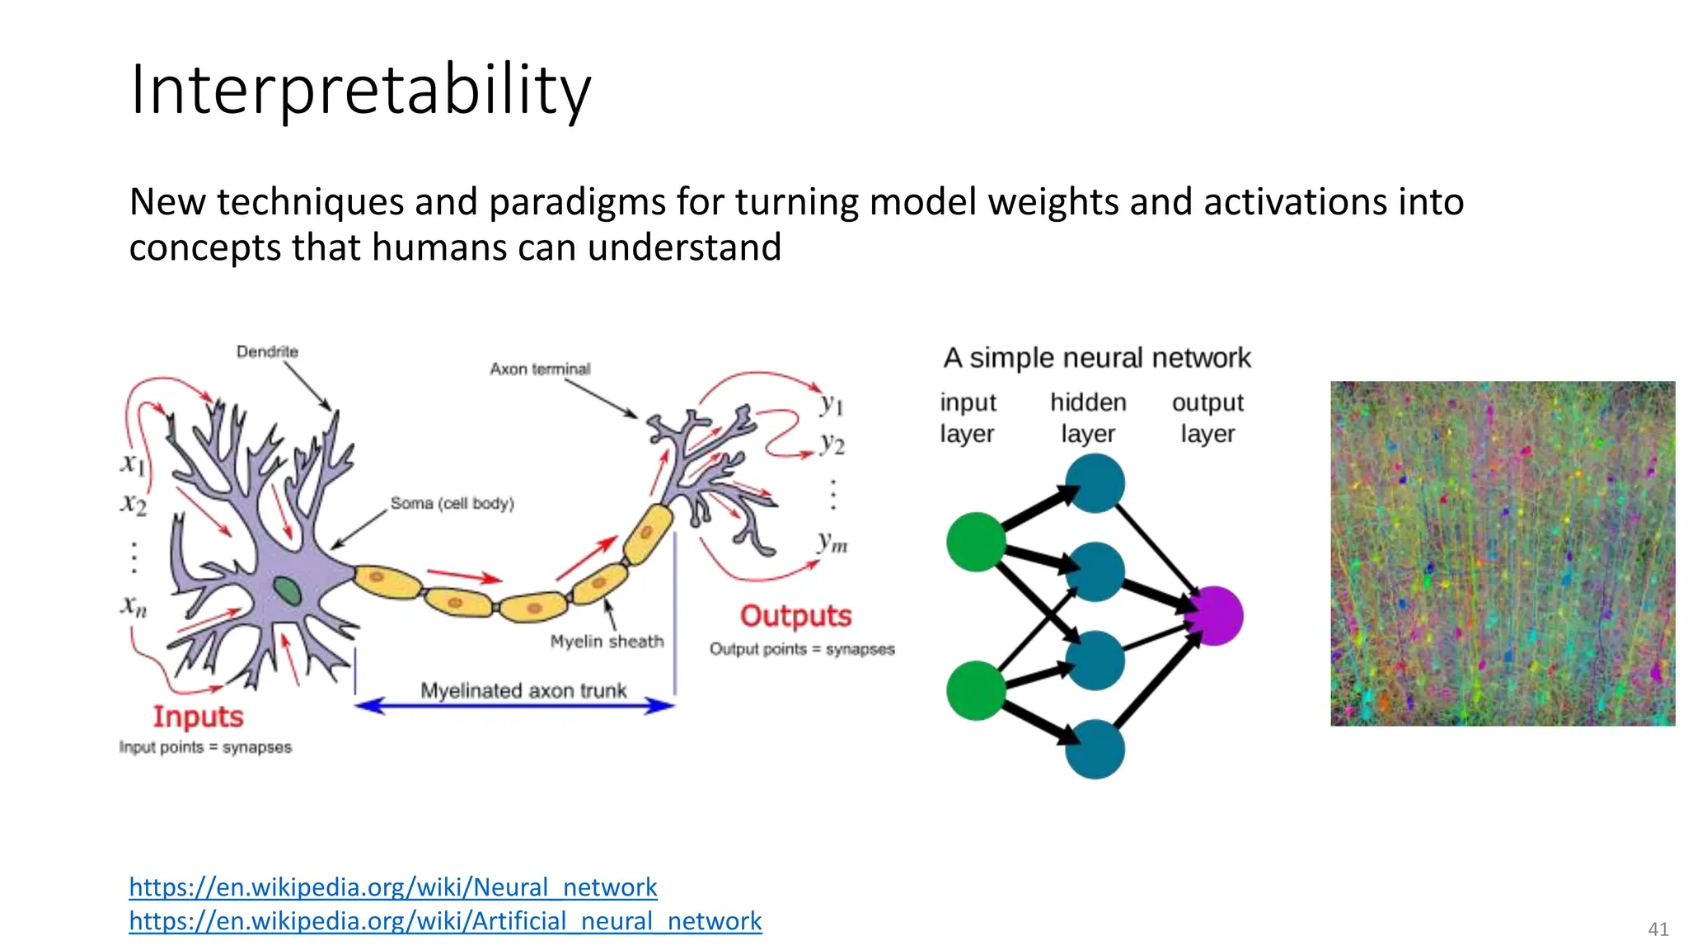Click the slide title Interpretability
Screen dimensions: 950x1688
pos(360,89)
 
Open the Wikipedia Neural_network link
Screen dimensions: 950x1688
pos(392,887)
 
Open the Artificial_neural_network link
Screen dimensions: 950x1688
pos(445,920)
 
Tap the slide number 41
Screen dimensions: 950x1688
pos(1658,929)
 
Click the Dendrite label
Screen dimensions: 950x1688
pos(267,352)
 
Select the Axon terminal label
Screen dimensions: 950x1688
pos(540,369)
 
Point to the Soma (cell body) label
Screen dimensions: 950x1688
pos(452,503)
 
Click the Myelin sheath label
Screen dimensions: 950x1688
pos(607,641)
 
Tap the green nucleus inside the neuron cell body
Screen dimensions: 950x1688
pos(287,590)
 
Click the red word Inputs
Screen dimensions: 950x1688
pos(198,717)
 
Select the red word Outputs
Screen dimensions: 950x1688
pos(795,616)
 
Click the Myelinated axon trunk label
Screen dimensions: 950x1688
pos(523,690)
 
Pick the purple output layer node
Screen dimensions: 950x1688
pos(1214,615)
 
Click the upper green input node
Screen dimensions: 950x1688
pos(976,542)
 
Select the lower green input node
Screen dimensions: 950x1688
pos(976,690)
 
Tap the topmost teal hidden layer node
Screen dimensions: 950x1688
pos(1095,483)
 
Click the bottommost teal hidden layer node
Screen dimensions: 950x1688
pos(1095,749)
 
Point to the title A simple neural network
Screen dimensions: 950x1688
pos(1096,358)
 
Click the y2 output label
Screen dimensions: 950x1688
pos(832,444)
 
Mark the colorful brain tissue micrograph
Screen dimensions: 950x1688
pos(1502,553)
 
